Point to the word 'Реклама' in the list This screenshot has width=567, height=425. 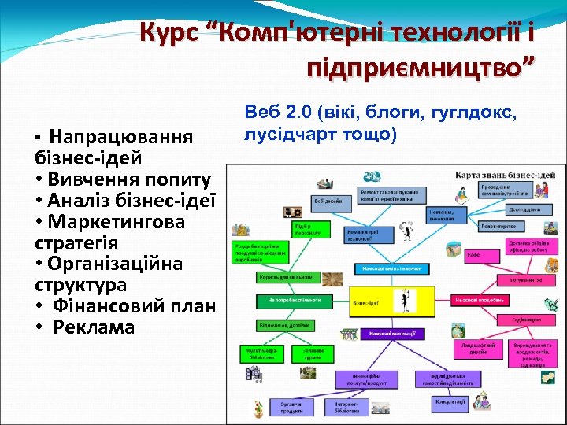tap(94, 327)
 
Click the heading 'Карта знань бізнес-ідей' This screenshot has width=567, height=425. tap(510, 173)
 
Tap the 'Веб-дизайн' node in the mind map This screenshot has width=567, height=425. tap(330, 201)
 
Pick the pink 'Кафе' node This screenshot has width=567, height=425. tap(473, 255)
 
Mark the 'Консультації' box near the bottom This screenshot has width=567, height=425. tap(450, 401)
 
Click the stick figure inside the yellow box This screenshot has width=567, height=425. tap(404, 300)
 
